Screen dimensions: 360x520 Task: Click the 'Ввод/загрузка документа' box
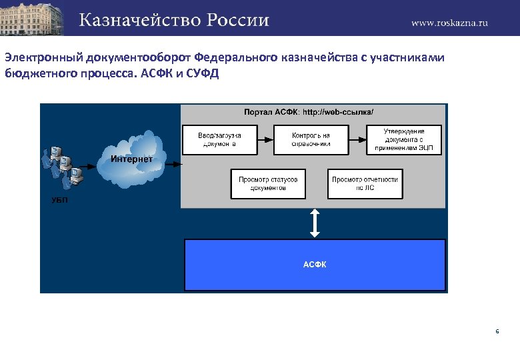pos(220,140)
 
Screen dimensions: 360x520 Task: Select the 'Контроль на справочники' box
pos(311,140)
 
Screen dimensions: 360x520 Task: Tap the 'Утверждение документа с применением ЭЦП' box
pos(404,140)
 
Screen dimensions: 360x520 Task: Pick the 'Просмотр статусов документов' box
pos(268,183)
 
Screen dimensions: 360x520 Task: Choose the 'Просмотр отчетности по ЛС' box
pos(365,183)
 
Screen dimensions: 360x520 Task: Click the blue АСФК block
pos(315,265)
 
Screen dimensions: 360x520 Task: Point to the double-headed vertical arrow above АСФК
pos(315,223)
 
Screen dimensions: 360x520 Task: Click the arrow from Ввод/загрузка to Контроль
pos(266,140)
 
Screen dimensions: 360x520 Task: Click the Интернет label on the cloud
pos(131,159)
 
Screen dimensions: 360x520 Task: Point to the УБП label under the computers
pos(59,200)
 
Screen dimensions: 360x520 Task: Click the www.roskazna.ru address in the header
pos(449,22)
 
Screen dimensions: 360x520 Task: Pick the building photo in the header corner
pos(32,17)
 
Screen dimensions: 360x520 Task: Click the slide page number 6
pos(497,331)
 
